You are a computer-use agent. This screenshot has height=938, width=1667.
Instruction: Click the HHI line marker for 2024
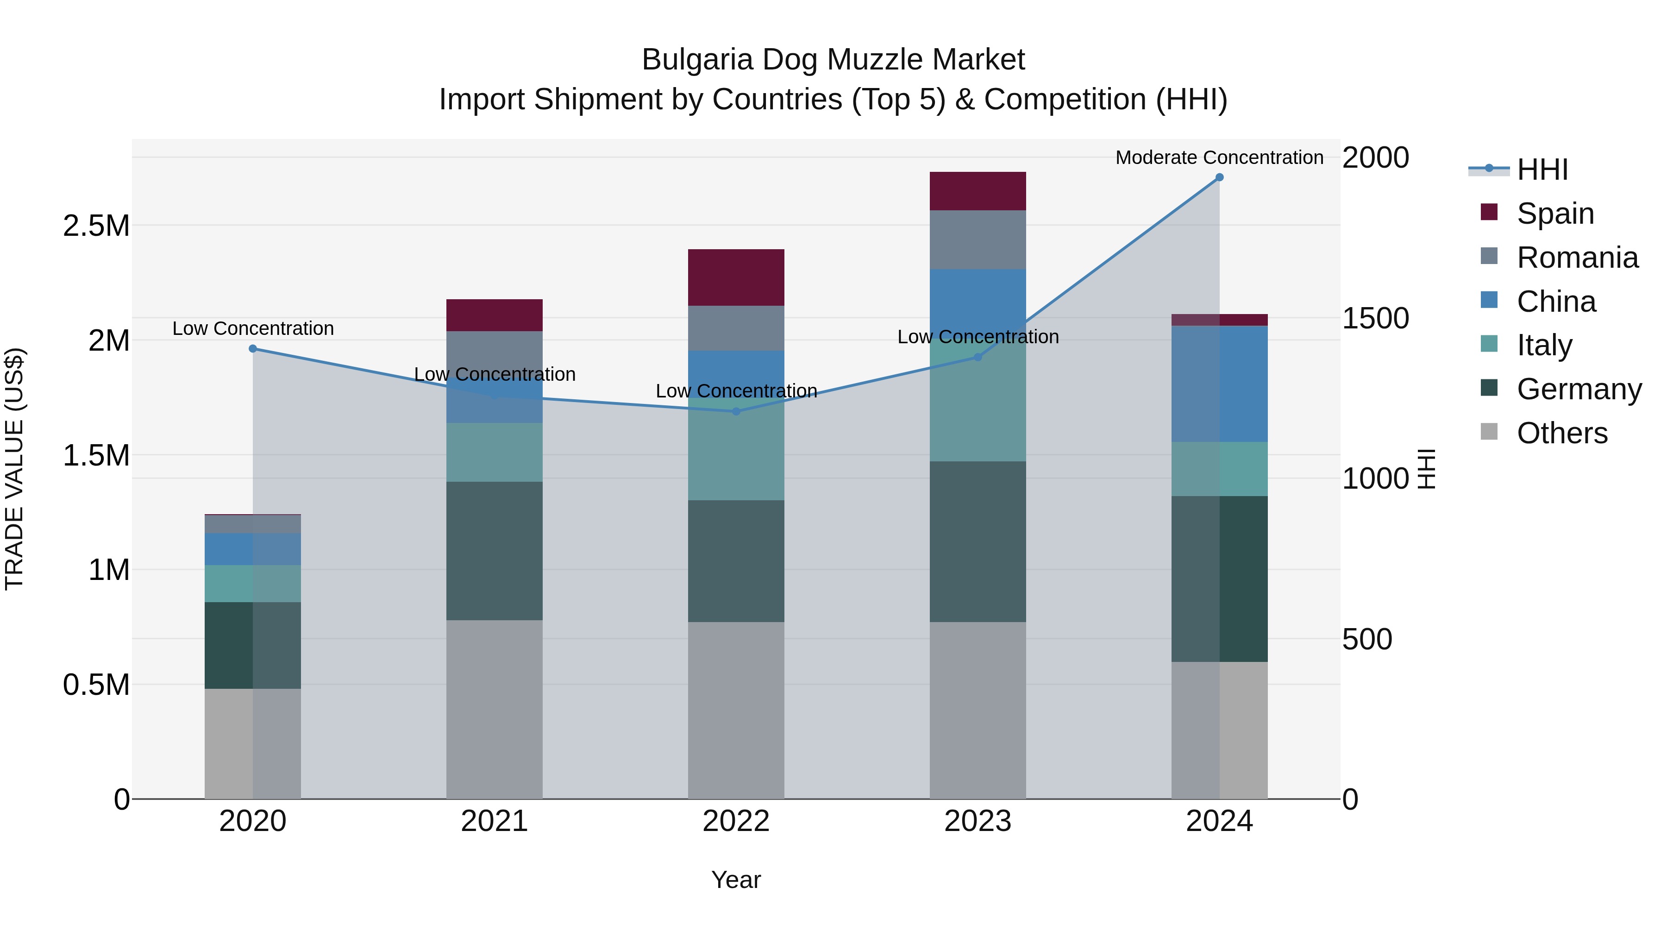tap(1219, 177)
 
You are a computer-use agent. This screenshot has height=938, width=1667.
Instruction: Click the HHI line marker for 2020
tap(253, 349)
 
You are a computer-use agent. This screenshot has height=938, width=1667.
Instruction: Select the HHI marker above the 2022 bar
tap(736, 411)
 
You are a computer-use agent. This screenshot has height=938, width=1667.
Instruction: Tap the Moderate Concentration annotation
tap(1219, 157)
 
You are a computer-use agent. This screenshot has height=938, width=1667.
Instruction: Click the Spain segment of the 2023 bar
tap(978, 191)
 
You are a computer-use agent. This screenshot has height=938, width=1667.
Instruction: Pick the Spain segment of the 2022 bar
tap(736, 277)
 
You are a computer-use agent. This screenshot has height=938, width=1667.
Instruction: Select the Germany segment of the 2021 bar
tap(495, 550)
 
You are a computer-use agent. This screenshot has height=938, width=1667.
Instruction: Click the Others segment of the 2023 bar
tap(978, 710)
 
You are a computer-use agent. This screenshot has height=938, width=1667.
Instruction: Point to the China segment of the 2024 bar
tap(1219, 384)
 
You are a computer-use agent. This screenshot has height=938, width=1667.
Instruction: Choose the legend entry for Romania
tap(1577, 258)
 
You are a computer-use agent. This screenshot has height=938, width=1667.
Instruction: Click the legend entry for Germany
tap(1579, 389)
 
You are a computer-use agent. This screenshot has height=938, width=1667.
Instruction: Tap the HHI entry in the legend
tap(1542, 170)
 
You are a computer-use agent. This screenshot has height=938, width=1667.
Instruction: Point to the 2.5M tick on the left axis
tap(96, 226)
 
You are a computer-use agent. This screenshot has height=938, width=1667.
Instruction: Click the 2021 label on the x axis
tap(495, 821)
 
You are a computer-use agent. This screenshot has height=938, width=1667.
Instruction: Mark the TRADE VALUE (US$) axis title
tap(14, 469)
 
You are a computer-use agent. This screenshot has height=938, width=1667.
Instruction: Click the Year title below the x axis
tap(736, 880)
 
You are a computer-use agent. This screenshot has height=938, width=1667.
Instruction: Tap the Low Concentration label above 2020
tap(253, 328)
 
